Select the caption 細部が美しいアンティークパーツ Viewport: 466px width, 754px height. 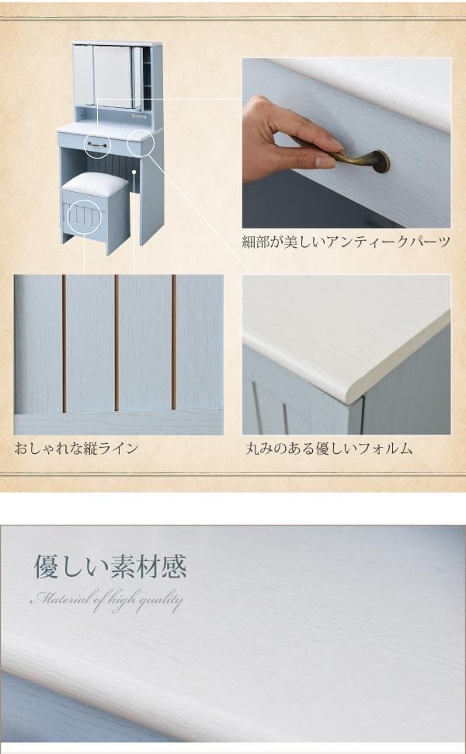(x=346, y=242)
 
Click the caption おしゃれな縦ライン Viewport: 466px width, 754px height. (x=76, y=448)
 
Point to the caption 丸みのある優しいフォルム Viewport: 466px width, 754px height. (x=329, y=448)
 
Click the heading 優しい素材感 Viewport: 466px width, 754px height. (x=110, y=567)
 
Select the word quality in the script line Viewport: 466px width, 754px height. (x=160, y=600)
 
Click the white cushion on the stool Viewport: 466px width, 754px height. (x=95, y=184)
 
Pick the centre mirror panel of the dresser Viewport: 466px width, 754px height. (x=113, y=75)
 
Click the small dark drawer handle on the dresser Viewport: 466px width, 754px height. (x=97, y=144)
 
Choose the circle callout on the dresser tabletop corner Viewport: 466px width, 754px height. (x=141, y=144)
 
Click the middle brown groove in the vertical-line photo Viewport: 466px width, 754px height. (x=116, y=342)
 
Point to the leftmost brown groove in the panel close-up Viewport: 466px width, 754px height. (x=63, y=342)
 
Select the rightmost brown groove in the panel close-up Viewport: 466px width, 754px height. (x=174, y=342)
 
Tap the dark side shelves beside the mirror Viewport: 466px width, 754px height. (x=146, y=78)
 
